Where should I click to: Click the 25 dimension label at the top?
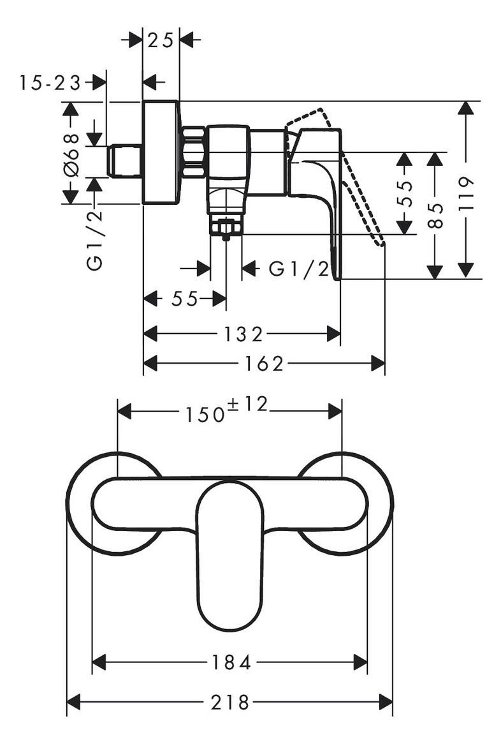point(160,41)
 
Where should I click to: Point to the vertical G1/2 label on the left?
point(95,241)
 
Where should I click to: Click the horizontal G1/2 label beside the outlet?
point(299,269)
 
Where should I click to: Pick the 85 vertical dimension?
point(435,216)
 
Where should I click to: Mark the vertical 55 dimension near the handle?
point(405,193)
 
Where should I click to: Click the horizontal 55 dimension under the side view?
point(184,299)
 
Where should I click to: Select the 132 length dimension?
point(243,334)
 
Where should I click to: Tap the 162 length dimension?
point(264,364)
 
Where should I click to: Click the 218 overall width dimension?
point(230,703)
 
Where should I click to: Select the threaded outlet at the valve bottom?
point(226,227)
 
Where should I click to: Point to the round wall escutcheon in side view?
point(162,153)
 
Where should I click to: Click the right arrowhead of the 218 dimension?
point(386,703)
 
